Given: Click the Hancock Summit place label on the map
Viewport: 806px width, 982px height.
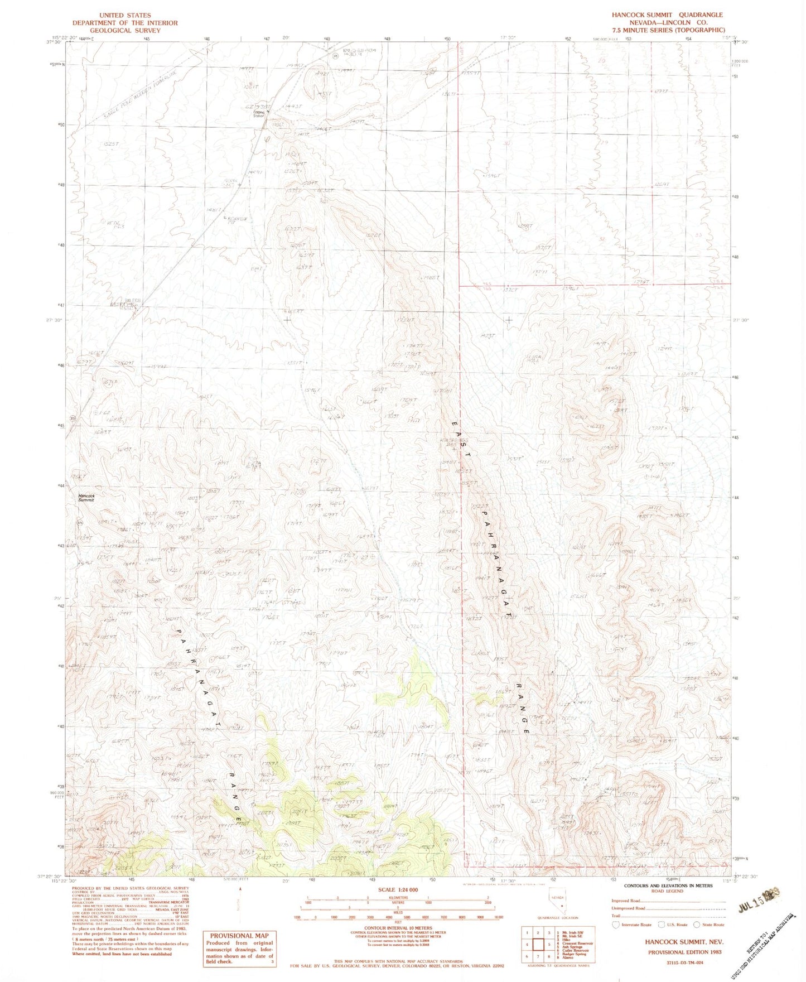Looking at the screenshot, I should tap(86, 498).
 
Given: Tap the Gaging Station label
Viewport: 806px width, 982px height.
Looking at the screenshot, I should tap(258, 114).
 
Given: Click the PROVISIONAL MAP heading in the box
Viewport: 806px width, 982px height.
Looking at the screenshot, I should tap(239, 936).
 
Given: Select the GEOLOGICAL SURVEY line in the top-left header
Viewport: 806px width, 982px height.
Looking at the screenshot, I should tap(124, 30).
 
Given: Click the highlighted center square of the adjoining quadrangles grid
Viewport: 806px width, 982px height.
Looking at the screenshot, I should tap(539, 945).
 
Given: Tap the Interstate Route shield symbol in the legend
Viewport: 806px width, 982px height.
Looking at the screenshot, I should tap(615, 925).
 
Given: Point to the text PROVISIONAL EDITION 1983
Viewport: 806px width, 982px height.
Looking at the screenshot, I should tap(684, 952).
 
